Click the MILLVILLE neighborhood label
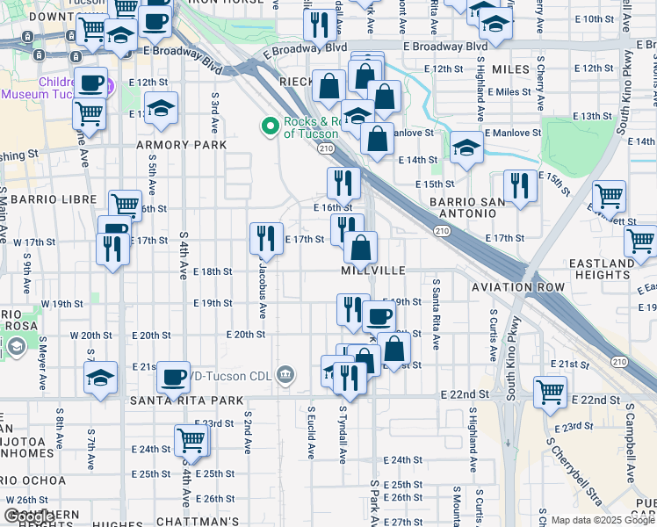[373, 271]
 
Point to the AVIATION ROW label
[518, 287]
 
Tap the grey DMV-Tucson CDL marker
[285, 375]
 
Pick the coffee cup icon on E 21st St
[173, 376]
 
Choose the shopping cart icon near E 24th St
[191, 441]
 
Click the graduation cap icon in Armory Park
[161, 109]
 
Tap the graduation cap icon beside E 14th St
[466, 147]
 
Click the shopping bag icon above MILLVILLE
[360, 248]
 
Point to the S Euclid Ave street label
[312, 432]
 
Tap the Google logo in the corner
[28, 517]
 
